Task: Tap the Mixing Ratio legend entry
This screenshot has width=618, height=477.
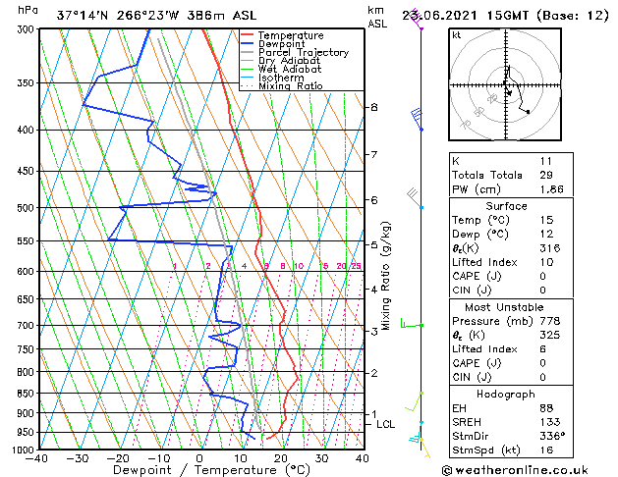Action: click(x=291, y=86)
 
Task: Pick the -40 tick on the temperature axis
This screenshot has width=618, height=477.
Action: click(x=37, y=458)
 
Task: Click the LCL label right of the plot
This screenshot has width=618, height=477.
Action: click(x=385, y=425)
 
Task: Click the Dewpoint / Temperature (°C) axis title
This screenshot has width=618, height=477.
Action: click(x=198, y=470)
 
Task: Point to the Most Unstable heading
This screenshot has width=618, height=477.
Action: click(x=505, y=306)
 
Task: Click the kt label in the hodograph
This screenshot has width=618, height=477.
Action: click(x=456, y=34)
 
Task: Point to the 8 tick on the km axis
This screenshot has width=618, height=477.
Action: click(x=374, y=106)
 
